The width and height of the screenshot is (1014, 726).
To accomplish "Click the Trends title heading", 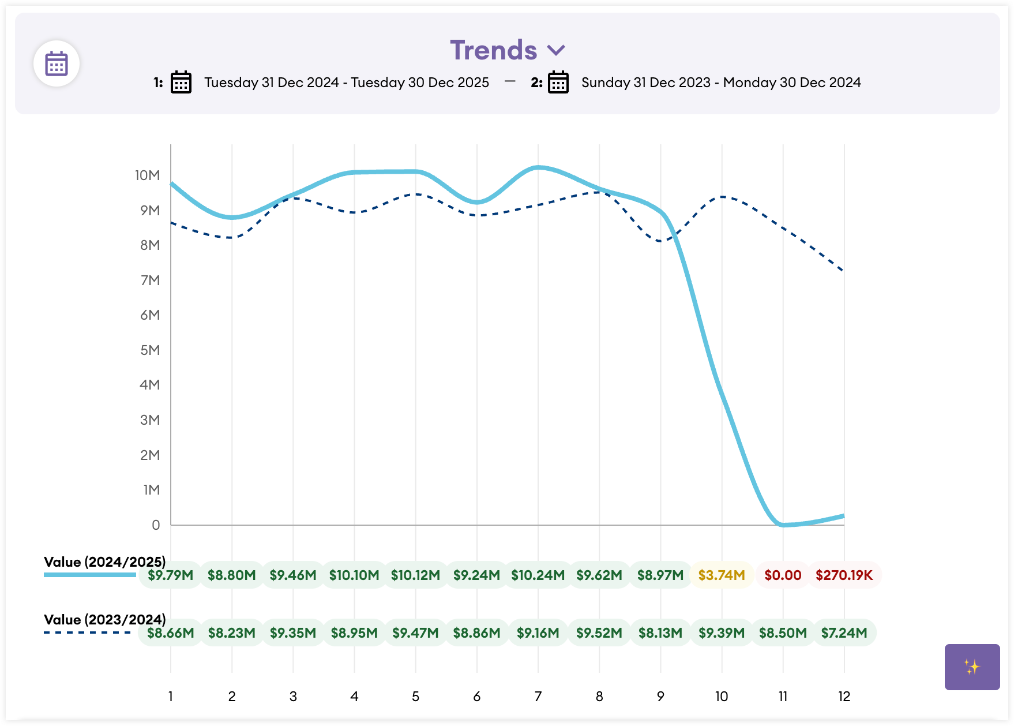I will (x=493, y=50).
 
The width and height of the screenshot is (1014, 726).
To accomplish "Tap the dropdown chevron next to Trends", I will (x=556, y=51).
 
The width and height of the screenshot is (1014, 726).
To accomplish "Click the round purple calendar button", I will (x=57, y=63).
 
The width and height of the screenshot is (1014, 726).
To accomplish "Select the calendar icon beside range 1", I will (x=181, y=83).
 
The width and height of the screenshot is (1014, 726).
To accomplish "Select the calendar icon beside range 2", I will (x=558, y=83).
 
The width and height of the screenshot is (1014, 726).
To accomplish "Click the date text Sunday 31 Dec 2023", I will (x=645, y=83).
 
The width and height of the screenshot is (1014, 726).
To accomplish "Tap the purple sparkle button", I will (x=972, y=667).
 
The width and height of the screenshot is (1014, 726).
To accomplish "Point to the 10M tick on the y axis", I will (x=147, y=175).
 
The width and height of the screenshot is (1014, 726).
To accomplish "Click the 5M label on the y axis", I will (x=150, y=350).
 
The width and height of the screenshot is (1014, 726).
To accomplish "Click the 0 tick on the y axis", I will (x=156, y=525).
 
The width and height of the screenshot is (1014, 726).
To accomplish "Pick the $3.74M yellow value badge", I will (x=722, y=575).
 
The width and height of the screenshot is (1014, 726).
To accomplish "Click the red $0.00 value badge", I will (x=783, y=575).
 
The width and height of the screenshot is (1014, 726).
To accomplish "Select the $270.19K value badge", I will (x=844, y=575).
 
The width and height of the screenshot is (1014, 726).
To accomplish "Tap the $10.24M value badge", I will (x=538, y=575).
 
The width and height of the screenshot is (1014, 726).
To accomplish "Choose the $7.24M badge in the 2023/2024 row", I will (x=844, y=633).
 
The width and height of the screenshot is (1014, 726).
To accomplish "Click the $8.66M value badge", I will (x=171, y=633).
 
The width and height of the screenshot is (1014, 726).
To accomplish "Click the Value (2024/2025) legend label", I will (x=104, y=562).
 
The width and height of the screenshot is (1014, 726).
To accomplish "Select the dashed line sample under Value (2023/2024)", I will (x=88, y=633).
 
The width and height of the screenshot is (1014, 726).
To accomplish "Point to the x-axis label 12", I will (x=844, y=697).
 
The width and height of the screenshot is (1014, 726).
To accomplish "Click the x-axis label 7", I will (x=538, y=697).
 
